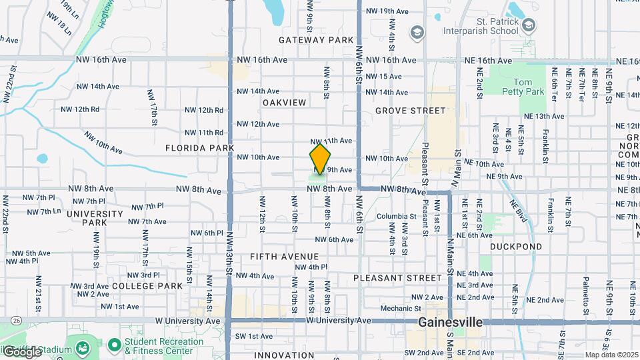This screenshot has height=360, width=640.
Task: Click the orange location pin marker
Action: pos(320,159)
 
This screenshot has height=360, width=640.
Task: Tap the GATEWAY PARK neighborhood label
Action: pos(316,40)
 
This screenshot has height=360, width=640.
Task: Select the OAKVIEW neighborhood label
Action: pos(284,103)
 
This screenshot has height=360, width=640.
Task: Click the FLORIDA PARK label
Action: pos(199,147)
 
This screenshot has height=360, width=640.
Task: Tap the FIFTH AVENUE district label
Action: pos(284,257)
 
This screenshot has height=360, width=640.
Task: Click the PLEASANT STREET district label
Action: pos(397,277)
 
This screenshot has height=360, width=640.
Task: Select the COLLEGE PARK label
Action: pos(147,286)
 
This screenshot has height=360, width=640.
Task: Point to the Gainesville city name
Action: pos(450,322)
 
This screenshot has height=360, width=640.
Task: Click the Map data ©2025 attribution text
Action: pos(611,355)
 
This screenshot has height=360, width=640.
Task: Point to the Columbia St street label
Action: pos(396,216)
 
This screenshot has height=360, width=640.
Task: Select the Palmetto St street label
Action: pos(585,295)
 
